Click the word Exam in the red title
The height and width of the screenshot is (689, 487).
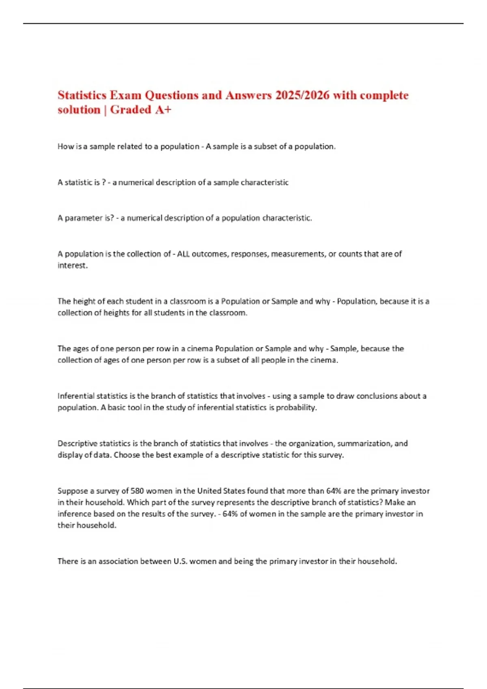[125, 95]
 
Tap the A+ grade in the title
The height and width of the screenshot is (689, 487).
[163, 110]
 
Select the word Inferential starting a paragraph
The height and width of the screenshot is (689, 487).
[76, 396]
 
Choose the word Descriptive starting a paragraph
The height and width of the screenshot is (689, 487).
[78, 443]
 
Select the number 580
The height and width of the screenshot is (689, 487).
[137, 491]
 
